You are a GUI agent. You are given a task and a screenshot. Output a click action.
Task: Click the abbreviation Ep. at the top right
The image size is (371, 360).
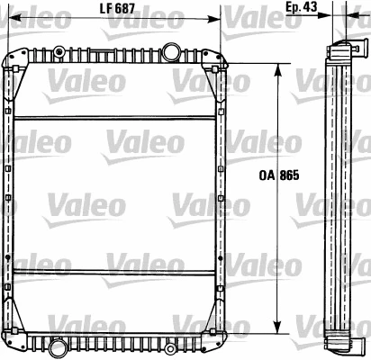pyautogui.click(x=294, y=7)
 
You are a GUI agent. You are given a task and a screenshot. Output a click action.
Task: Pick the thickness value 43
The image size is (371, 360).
pyautogui.click(x=312, y=7)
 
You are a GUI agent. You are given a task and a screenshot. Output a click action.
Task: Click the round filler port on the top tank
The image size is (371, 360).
pyautogui.click(x=170, y=49)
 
